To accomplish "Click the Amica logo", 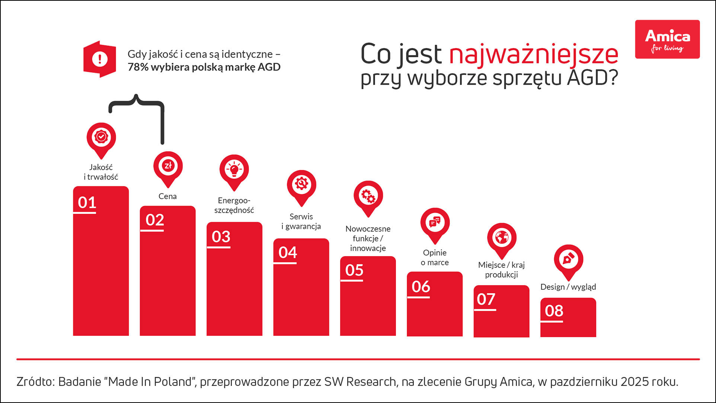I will (x=667, y=39).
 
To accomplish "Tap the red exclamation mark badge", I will (x=100, y=59).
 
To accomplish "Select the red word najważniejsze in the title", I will (x=534, y=54).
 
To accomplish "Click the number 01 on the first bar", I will (x=87, y=203).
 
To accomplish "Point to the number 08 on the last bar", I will (x=554, y=311).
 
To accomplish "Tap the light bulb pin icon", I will (x=234, y=170).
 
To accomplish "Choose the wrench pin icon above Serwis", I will (x=301, y=185).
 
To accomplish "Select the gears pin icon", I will (x=368, y=196).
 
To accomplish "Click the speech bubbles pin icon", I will (x=435, y=222).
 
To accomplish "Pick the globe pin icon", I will (x=502, y=238).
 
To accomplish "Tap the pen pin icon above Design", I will (x=568, y=259).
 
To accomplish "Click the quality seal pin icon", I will (x=101, y=137).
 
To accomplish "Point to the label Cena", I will (x=167, y=196).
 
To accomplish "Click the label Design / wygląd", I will (x=568, y=287).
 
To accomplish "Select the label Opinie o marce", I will (x=435, y=258).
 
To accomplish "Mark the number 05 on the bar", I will (x=354, y=270).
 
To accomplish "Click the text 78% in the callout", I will (x=138, y=67).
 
